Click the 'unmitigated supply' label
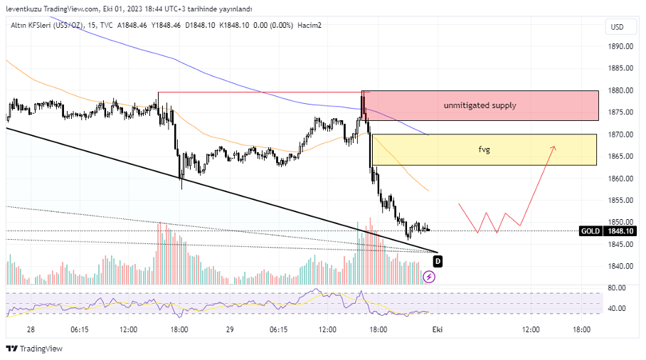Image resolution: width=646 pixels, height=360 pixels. [480, 105]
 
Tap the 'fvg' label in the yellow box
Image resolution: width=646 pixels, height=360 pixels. [484, 150]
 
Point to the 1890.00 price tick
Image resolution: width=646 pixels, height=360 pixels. [621, 46]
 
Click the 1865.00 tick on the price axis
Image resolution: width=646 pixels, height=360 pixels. [621, 157]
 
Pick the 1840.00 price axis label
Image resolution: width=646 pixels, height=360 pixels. [621, 267]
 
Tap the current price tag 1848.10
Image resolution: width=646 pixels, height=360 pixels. [620, 231]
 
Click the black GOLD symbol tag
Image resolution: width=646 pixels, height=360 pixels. [589, 231]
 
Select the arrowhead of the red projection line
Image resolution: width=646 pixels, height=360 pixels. [553, 148]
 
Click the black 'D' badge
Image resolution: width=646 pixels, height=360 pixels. [438, 260]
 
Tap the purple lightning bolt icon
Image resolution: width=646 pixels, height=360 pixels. [429, 276]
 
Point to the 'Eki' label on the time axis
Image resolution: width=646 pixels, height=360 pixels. [438, 329]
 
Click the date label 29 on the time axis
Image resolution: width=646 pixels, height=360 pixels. [229, 329]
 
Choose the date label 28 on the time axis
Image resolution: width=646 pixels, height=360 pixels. [31, 329]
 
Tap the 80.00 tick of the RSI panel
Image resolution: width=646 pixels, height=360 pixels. [617, 288]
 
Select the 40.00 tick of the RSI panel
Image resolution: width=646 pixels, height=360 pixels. [617, 309]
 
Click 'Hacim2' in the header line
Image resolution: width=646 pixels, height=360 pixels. [309, 26]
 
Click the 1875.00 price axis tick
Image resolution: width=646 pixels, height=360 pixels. [621, 112]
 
